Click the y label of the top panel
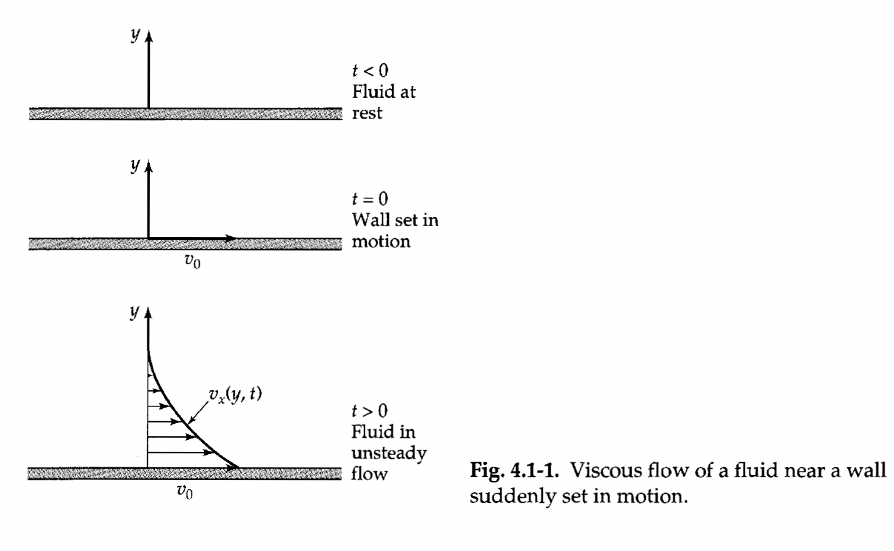pos(136,36)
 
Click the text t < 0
pos(370,71)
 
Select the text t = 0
pos(370,198)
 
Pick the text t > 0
pos(370,410)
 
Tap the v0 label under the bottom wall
pos(185,491)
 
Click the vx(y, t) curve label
pos(235,394)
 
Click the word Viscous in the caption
pos(602,471)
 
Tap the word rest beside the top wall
pos(367,113)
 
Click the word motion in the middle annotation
pos(381,242)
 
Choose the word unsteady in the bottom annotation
pos(388,453)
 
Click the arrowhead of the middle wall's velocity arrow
pos(231,239)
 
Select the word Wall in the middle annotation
pos(367,220)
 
